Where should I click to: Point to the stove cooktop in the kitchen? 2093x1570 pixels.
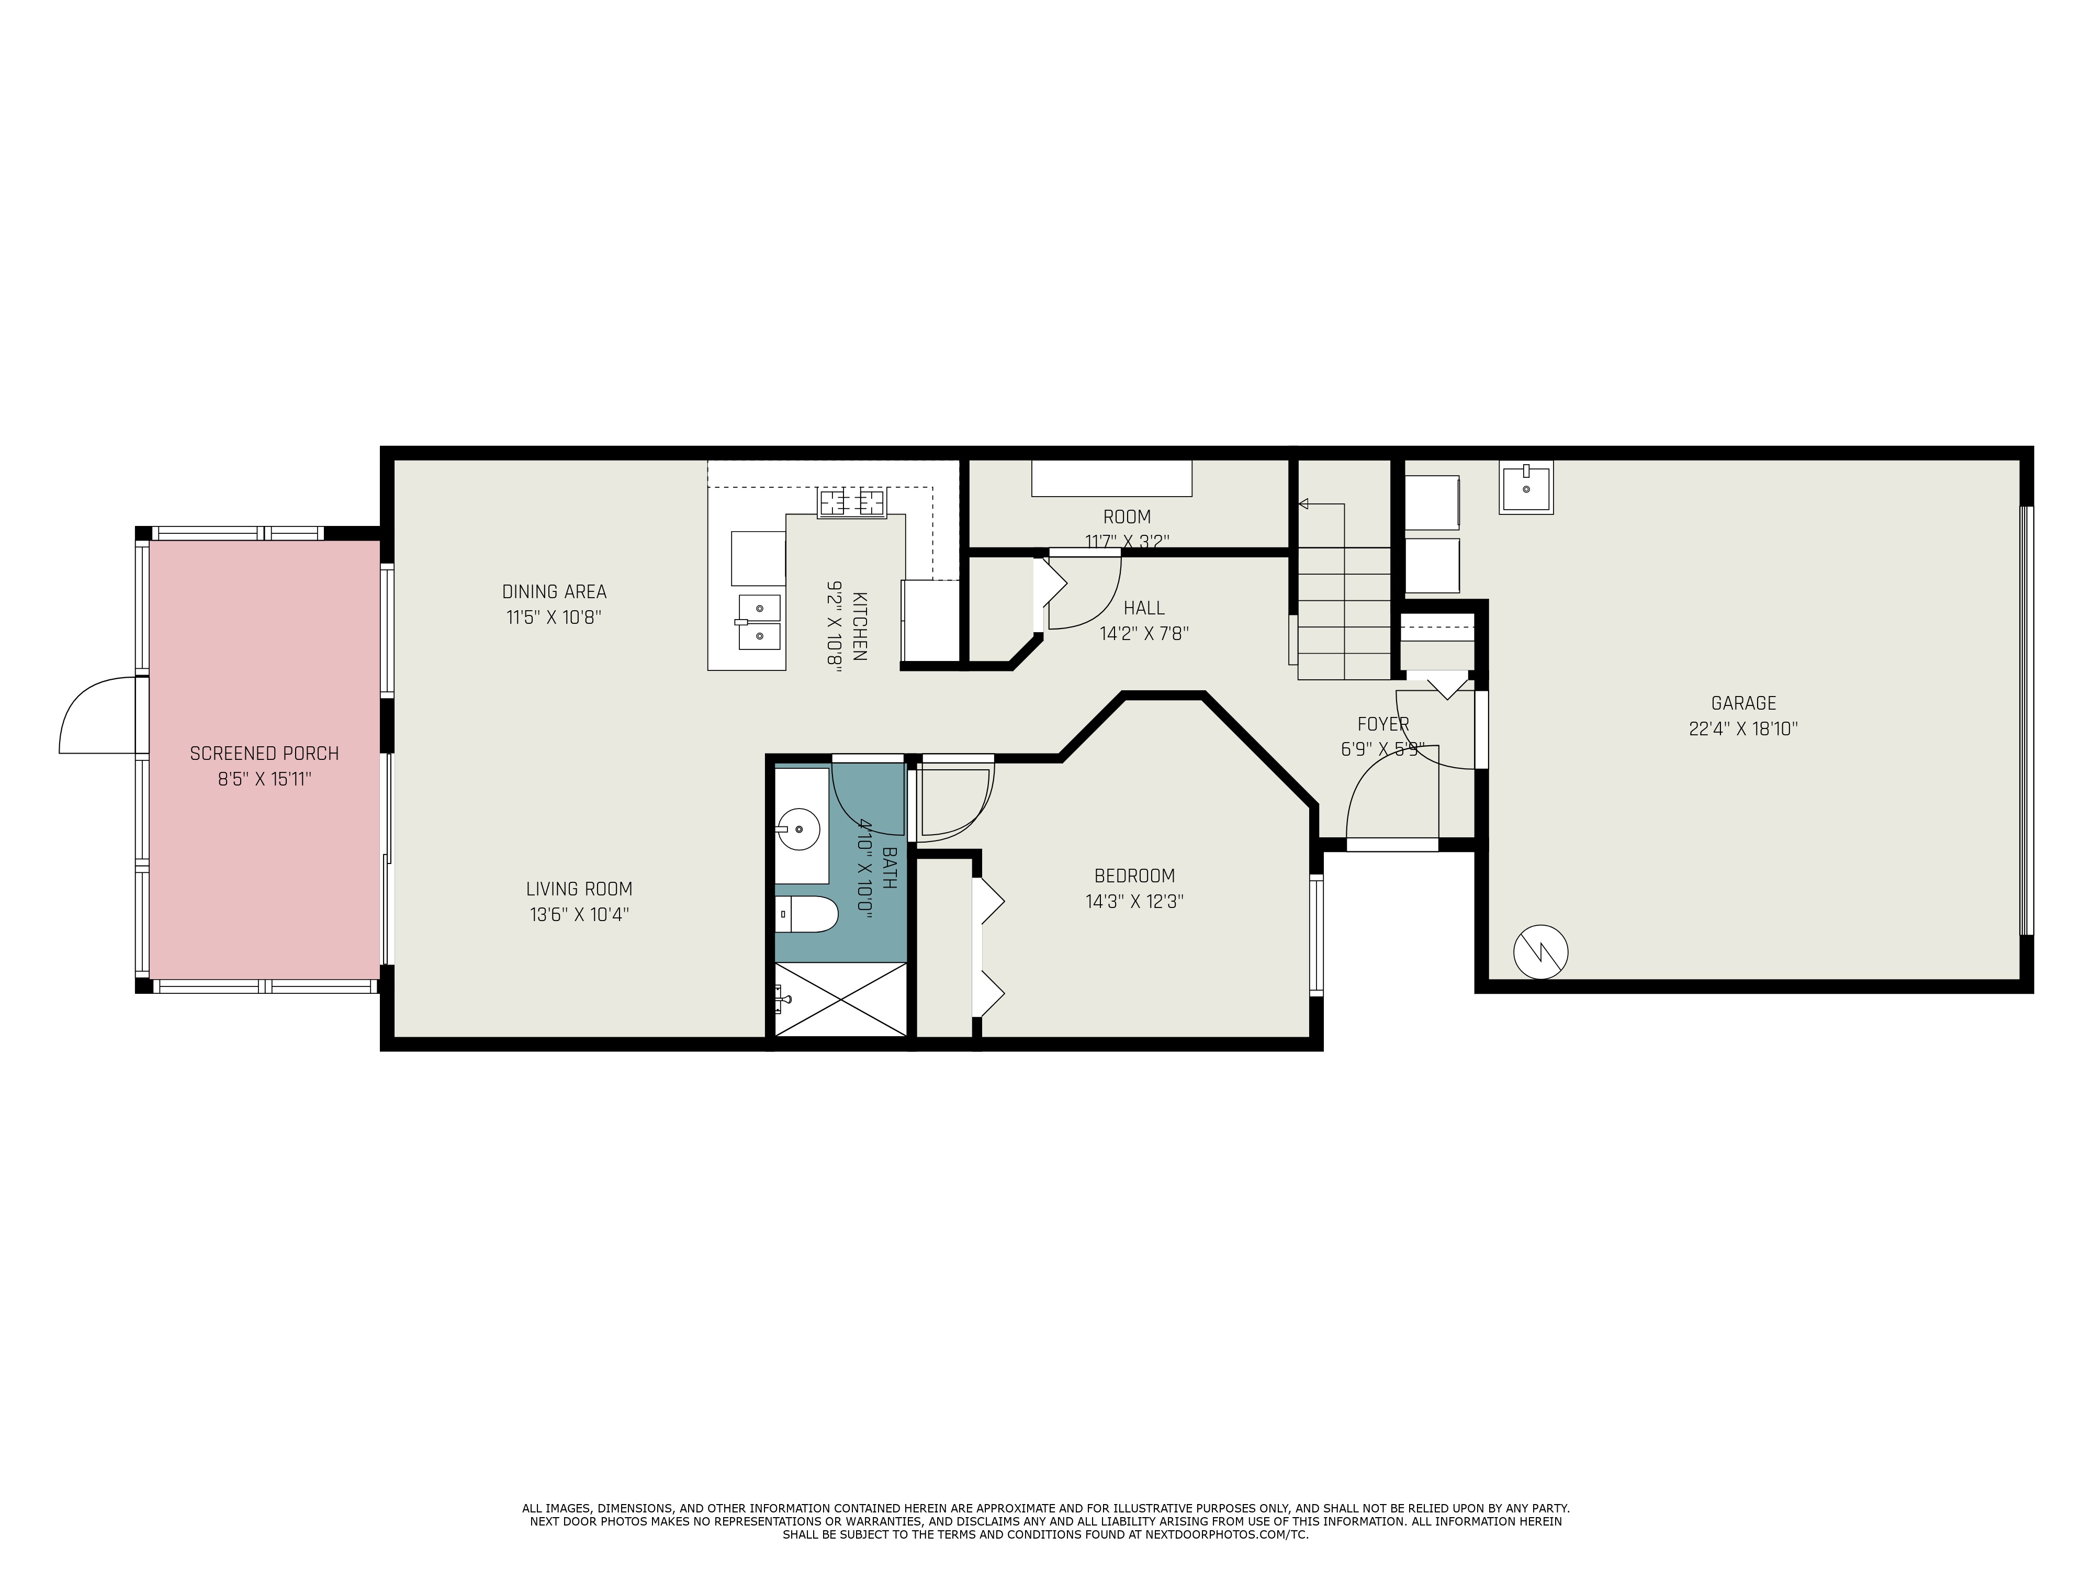tap(851, 502)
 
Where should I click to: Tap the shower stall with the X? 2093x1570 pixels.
tap(840, 1000)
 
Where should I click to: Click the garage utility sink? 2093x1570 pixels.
tap(1525, 488)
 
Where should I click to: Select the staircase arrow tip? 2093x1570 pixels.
tap(1303, 504)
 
